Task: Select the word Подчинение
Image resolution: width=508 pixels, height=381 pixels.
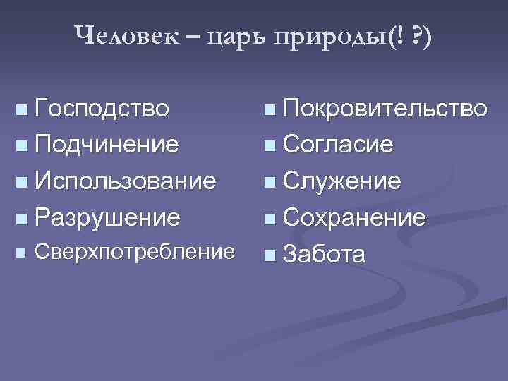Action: (107, 145)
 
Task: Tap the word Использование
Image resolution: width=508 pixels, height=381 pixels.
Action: (125, 181)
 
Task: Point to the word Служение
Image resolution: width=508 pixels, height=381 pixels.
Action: (341, 181)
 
